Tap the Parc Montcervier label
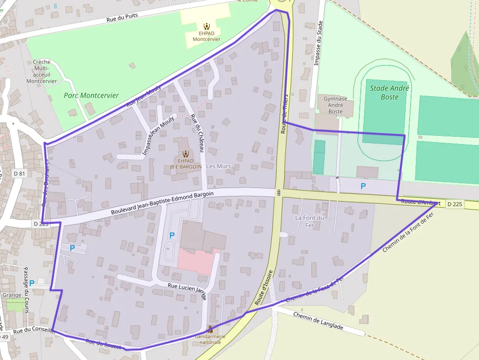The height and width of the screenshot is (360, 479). [91, 95]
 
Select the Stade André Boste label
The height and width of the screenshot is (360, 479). [390, 92]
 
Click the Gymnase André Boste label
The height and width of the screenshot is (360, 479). [335, 105]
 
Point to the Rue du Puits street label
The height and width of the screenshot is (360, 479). [122, 18]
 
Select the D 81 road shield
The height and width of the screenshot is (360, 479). [19, 173]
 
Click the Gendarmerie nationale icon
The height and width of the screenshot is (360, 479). [210, 329]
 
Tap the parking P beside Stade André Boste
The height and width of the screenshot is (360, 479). [363, 186]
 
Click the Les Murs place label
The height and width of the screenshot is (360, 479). [218, 166]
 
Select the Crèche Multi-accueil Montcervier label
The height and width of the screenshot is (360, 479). [42, 71]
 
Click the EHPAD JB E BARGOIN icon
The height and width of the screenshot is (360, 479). [185, 154]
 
